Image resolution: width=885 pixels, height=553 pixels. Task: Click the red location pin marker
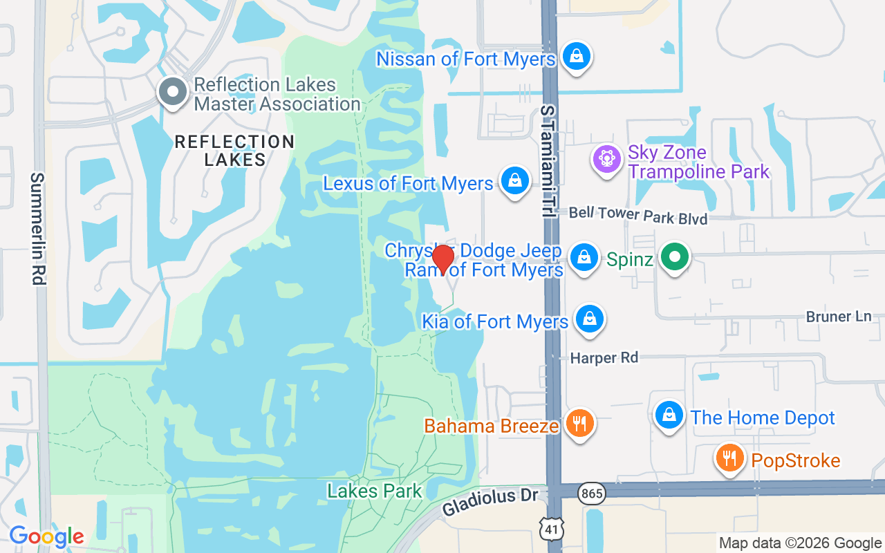tap(442, 259)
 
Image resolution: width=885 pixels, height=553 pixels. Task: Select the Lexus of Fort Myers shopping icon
tap(514, 181)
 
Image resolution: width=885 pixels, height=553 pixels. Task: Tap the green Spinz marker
tap(675, 259)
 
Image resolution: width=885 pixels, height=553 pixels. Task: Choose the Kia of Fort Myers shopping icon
tap(589, 319)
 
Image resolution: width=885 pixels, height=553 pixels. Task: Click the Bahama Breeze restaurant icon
tap(579, 423)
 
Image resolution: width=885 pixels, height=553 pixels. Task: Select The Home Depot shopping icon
tap(669, 416)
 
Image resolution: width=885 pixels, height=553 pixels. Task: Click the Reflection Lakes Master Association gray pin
tap(172, 92)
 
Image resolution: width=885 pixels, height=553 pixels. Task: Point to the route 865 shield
tap(593, 494)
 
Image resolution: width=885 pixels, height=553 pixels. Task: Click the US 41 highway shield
tap(553, 527)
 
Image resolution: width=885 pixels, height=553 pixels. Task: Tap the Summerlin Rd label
tap(37, 229)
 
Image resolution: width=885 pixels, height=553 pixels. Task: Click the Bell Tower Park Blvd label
tap(638, 215)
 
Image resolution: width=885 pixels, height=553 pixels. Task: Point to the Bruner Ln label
tap(839, 317)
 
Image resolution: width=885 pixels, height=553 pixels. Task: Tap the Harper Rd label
tap(604, 358)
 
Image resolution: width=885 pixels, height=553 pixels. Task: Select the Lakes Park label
tap(374, 491)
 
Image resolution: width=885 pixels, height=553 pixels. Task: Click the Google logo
tap(46, 536)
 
